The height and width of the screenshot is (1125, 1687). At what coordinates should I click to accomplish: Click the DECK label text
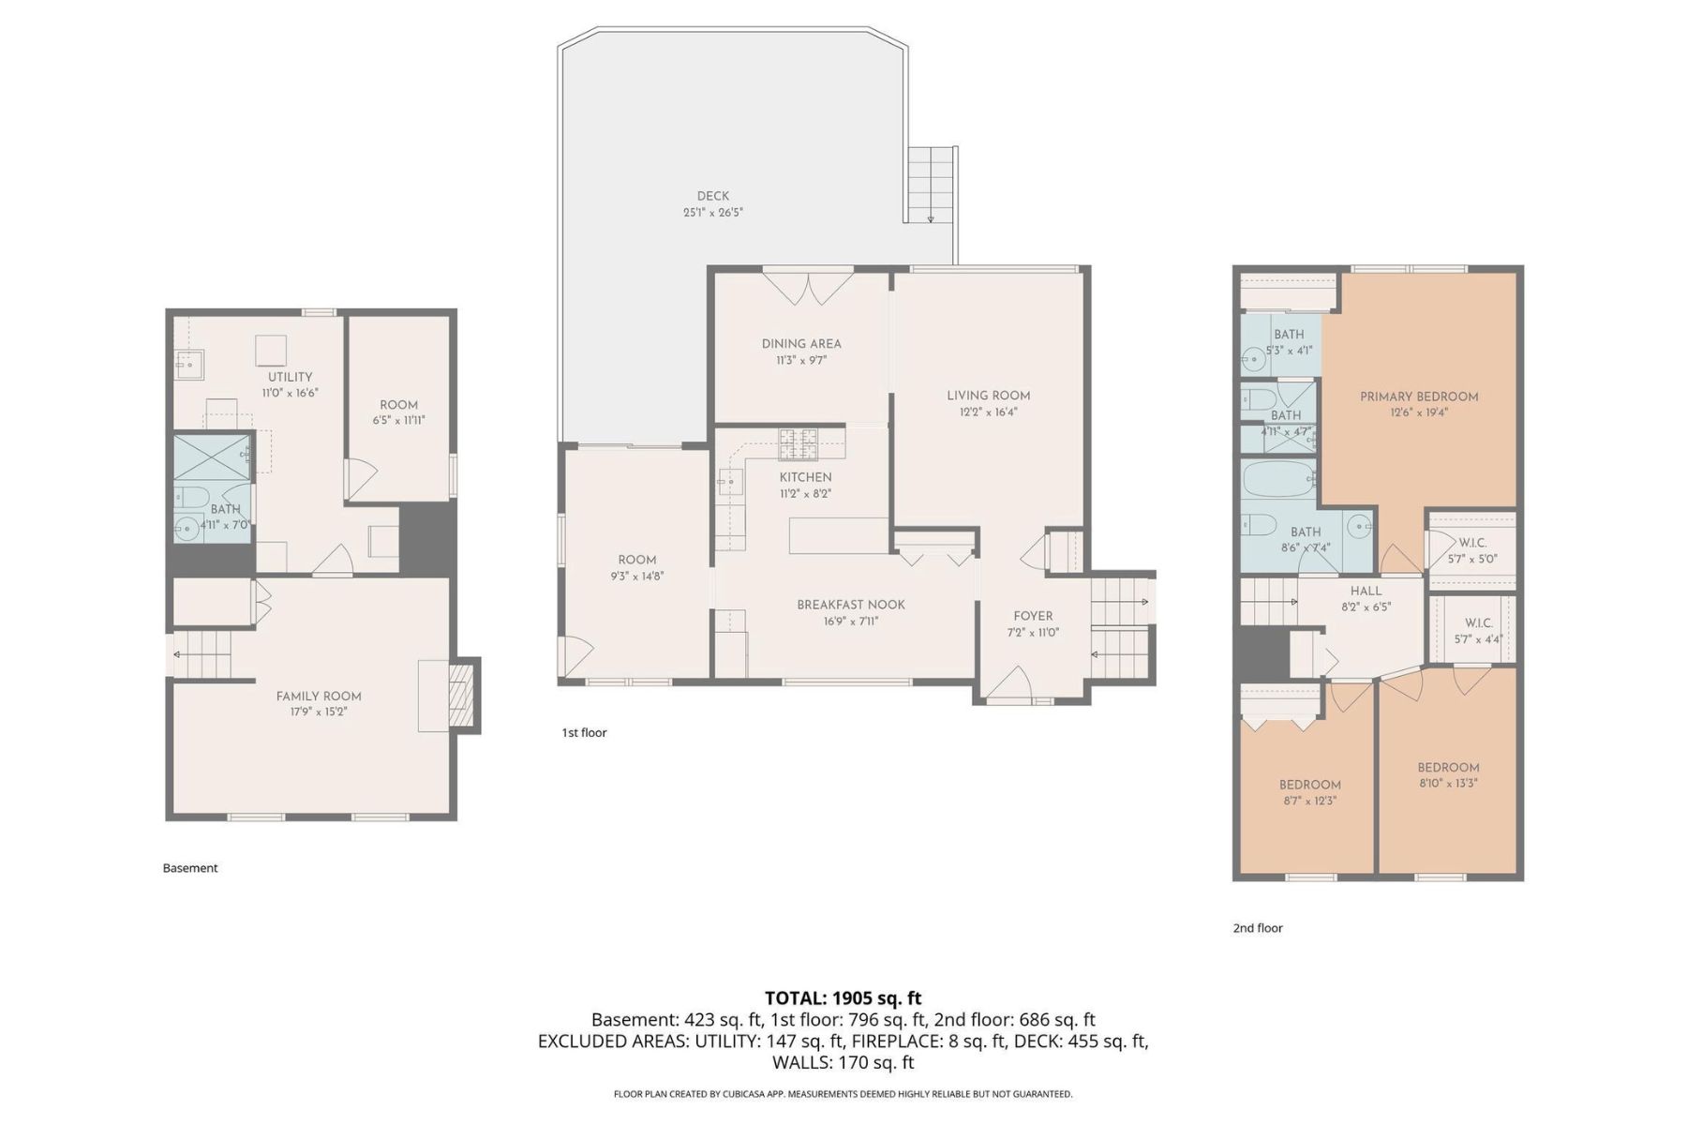pyautogui.click(x=712, y=196)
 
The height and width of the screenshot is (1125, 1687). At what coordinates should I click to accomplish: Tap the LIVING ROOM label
pyautogui.click(x=988, y=396)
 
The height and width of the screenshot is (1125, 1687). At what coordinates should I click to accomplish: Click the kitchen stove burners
pyautogui.click(x=798, y=442)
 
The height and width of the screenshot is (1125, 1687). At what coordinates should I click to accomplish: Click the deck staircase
pyautogui.click(x=931, y=185)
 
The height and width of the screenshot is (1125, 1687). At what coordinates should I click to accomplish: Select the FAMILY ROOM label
pyautogui.click(x=319, y=696)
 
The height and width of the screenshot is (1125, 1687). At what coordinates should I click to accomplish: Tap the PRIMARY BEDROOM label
pyautogui.click(x=1419, y=397)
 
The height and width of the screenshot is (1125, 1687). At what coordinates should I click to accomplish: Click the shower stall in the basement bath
pyautogui.click(x=213, y=457)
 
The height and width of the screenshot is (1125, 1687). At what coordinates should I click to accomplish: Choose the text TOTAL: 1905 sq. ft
pyautogui.click(x=843, y=997)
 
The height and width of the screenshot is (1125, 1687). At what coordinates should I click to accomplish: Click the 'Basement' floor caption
pyautogui.click(x=190, y=868)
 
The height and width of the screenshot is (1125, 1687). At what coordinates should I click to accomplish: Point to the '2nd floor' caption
pyautogui.click(x=1257, y=928)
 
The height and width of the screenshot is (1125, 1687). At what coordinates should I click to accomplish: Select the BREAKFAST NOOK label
pyautogui.click(x=851, y=605)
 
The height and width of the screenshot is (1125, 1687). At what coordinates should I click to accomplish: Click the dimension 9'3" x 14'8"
pyautogui.click(x=636, y=577)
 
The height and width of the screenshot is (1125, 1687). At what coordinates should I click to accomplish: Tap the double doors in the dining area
pyautogui.click(x=807, y=287)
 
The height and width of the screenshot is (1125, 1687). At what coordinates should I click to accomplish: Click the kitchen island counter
pyautogui.click(x=839, y=535)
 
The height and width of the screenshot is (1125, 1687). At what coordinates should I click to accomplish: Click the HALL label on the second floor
pyautogui.click(x=1366, y=591)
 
